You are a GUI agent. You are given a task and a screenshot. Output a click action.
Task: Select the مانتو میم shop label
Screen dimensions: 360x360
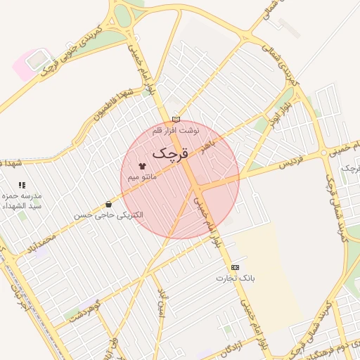(142, 179)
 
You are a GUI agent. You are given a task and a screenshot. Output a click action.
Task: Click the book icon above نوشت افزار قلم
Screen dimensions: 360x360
(176, 120)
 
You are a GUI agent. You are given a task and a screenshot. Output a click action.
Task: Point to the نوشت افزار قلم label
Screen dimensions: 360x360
(176, 131)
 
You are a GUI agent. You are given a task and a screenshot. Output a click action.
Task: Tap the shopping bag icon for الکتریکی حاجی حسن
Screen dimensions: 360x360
(108, 204)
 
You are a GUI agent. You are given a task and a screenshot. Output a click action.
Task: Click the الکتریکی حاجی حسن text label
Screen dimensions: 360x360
(109, 214)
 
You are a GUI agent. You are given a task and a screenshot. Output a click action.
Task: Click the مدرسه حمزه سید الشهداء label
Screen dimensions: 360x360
(23, 200)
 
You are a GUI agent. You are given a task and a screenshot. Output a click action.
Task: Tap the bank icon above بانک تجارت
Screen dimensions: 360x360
(235, 267)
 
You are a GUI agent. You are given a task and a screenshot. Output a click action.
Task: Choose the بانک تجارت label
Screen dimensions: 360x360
(235, 278)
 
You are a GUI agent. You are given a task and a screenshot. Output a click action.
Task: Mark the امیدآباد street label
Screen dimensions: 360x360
(162, 302)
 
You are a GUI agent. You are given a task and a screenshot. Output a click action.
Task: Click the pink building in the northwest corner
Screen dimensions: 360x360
(30, 64)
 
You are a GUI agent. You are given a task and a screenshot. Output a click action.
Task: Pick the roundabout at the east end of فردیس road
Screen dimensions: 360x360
(324, 152)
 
